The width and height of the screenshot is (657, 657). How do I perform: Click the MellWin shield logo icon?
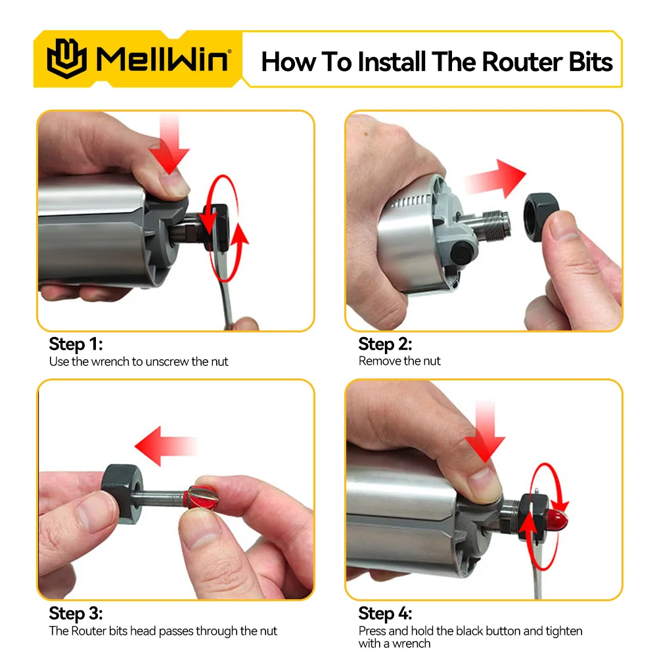coord(66,58)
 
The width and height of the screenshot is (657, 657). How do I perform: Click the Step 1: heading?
coord(76,344)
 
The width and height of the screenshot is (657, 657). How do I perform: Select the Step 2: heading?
coord(385,344)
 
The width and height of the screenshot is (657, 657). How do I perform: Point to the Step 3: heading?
coord(76,614)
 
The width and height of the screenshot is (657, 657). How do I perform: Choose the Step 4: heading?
coord(385,614)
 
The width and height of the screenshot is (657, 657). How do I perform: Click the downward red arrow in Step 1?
coord(170,145)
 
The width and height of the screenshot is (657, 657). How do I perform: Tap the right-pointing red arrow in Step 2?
coord(495,179)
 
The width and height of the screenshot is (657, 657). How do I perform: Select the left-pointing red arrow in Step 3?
coord(166,446)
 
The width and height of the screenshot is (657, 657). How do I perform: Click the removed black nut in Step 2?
coord(541,217)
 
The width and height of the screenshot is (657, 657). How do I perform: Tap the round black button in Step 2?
coord(462,253)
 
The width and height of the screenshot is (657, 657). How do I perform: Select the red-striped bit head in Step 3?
coord(201,497)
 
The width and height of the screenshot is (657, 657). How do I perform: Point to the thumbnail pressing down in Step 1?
coord(173,185)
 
